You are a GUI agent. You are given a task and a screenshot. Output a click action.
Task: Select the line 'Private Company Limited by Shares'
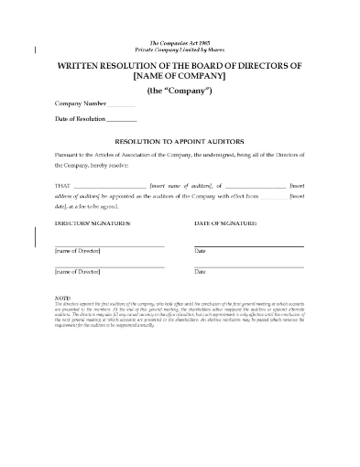[180, 52]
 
